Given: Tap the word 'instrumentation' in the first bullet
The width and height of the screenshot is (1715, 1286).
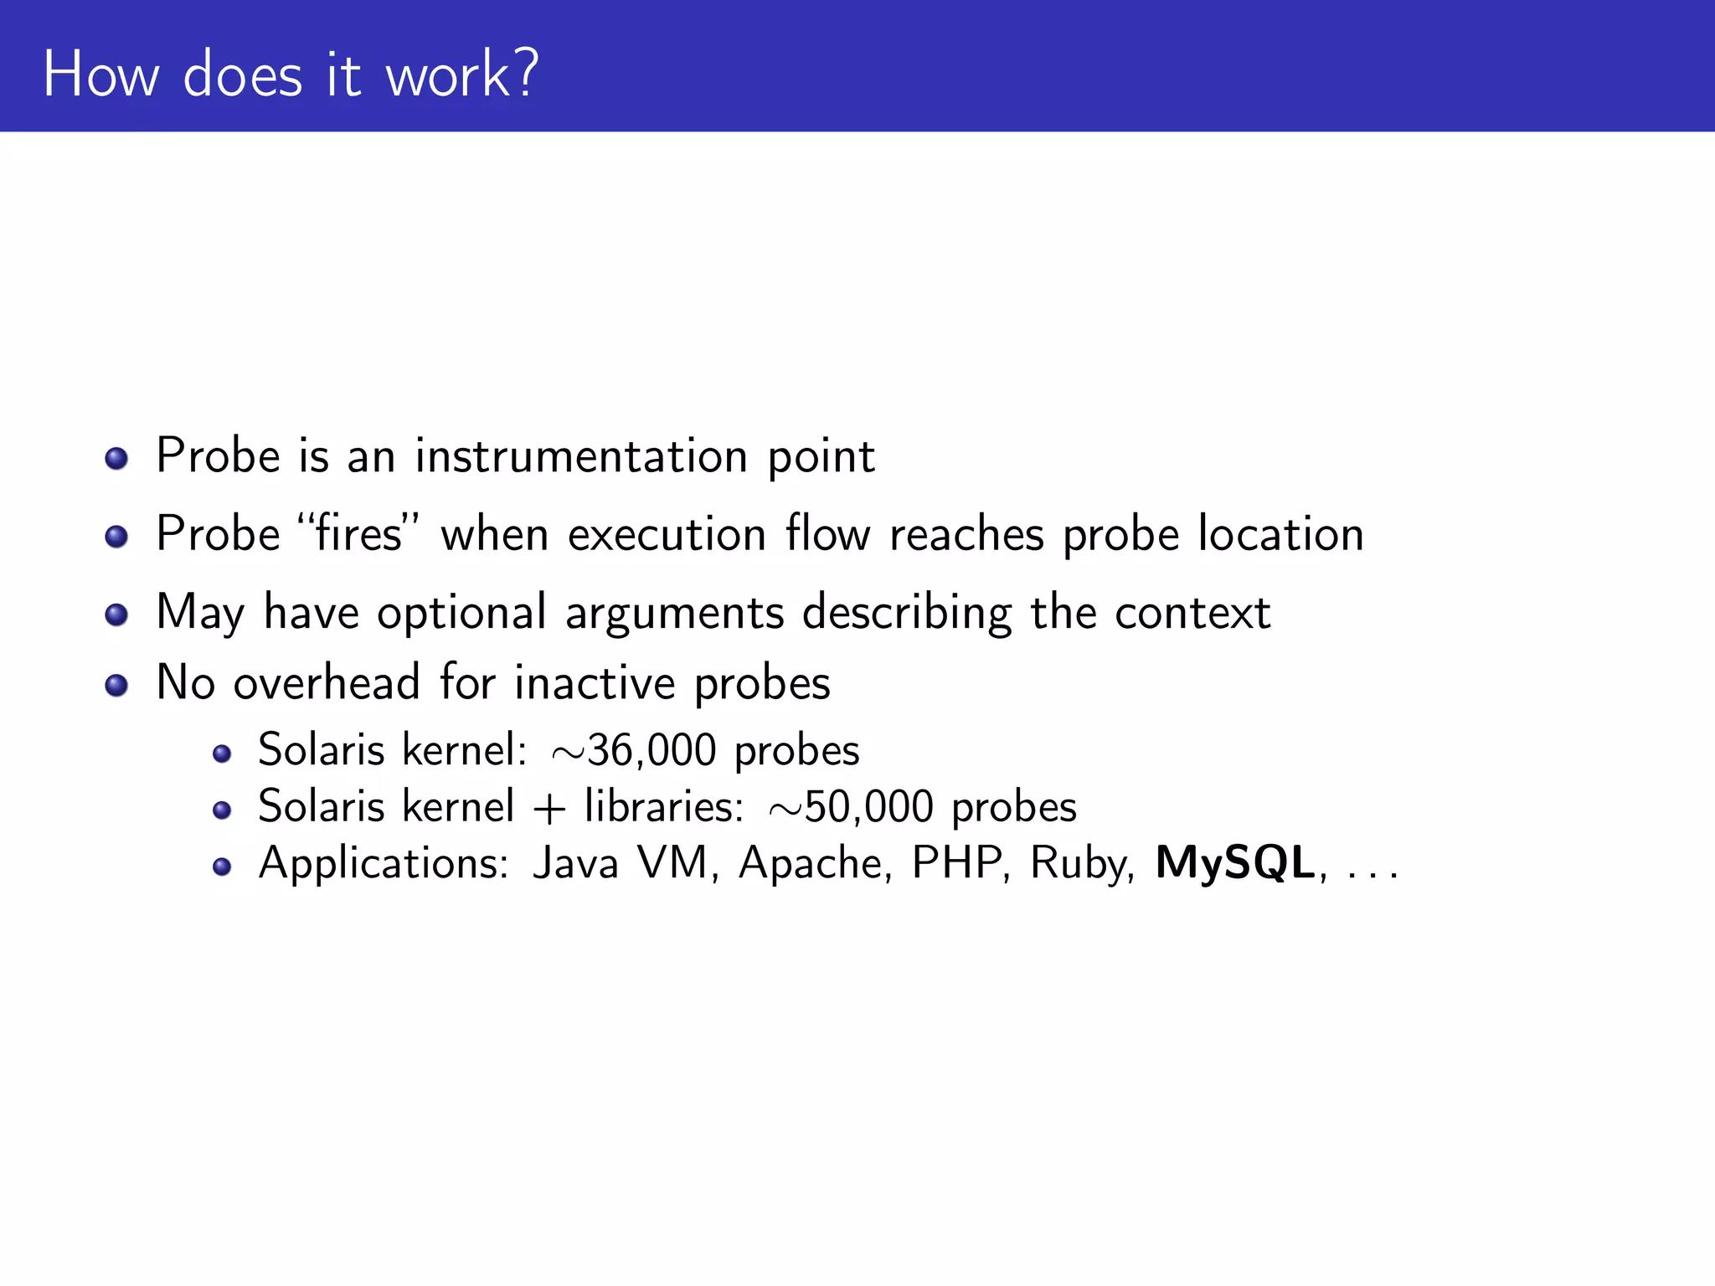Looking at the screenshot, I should pyautogui.click(x=581, y=456).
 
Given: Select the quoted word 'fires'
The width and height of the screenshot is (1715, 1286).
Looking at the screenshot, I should pyautogui.click(x=358, y=533).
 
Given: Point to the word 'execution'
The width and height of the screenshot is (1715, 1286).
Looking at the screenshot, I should pyautogui.click(x=667, y=534).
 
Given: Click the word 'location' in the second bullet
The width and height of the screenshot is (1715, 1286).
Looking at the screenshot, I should pyautogui.click(x=1280, y=533).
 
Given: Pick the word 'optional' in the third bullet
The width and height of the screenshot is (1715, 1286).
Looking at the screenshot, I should pyautogui.click(x=461, y=613).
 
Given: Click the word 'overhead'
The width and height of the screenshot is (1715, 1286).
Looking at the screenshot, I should pyautogui.click(x=327, y=682).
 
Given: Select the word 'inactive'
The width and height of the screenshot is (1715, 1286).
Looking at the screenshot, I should pyautogui.click(x=595, y=682).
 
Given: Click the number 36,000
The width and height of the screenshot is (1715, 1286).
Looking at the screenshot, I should pyautogui.click(x=652, y=749).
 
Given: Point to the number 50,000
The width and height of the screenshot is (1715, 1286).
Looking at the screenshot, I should pyautogui.click(x=868, y=806).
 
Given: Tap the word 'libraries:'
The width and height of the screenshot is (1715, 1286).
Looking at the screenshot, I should pyautogui.click(x=663, y=806).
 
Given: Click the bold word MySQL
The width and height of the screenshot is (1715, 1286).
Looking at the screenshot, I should pyautogui.click(x=1235, y=863).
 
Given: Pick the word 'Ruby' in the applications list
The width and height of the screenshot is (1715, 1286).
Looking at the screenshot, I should pyautogui.click(x=1081, y=864).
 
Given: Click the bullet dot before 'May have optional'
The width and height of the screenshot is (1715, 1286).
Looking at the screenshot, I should pyautogui.click(x=116, y=615).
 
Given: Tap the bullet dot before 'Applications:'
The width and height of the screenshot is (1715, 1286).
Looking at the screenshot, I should pyautogui.click(x=221, y=867).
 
